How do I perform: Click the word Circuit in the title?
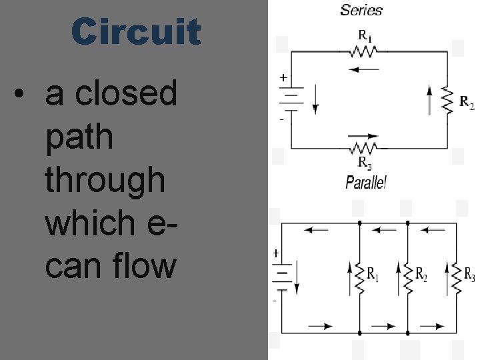(136, 32)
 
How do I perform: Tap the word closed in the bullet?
(127, 93)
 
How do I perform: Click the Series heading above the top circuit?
(361, 10)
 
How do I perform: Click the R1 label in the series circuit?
(365, 35)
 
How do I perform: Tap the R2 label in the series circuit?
(467, 102)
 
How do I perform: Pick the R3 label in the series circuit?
(365, 162)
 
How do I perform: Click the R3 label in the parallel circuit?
(469, 274)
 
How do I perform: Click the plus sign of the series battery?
(283, 78)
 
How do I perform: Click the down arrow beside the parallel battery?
(298, 276)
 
